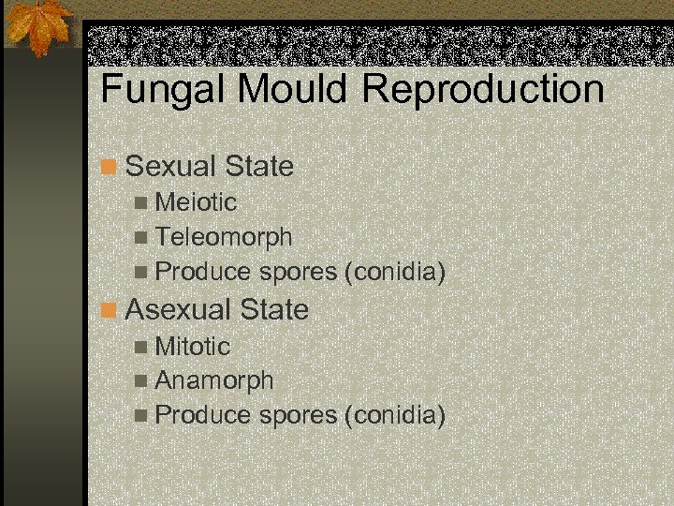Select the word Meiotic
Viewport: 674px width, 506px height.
[x=196, y=202]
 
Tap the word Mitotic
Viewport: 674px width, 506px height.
[x=192, y=346]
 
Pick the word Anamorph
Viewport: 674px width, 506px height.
[x=214, y=380]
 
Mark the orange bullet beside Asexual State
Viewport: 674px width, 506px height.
[x=110, y=310]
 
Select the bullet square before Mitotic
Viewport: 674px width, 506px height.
[x=140, y=347]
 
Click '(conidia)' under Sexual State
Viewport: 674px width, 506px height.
[x=394, y=273]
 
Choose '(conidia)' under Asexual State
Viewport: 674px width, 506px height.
[x=394, y=415]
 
